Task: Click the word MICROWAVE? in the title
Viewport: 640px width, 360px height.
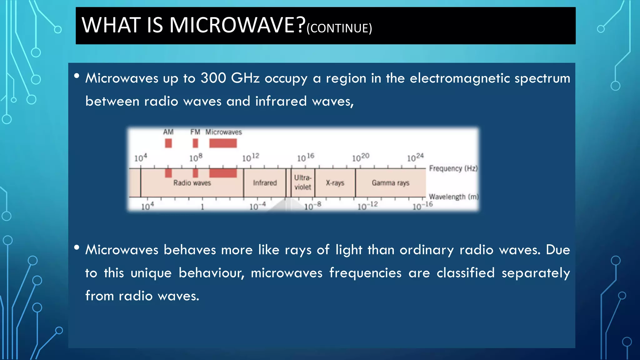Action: point(237,25)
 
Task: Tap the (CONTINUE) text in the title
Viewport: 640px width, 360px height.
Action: point(339,28)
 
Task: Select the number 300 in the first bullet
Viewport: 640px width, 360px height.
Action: point(213,78)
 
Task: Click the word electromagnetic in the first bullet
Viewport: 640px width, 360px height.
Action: point(460,78)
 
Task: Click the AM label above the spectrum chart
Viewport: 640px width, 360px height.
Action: point(168,132)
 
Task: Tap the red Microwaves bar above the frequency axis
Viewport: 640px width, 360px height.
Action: point(223,143)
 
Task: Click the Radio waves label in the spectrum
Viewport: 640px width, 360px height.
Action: point(192,183)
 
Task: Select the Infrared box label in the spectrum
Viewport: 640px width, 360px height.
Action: point(265,183)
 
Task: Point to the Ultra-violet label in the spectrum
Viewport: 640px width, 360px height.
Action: point(302,182)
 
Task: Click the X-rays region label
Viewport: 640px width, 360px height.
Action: point(335,183)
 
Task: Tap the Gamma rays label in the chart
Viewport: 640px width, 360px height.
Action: point(390,183)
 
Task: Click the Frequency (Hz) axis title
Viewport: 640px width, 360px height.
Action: point(453,168)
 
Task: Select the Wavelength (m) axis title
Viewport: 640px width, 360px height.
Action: point(453,197)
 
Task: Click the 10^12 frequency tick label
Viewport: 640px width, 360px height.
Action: point(251,157)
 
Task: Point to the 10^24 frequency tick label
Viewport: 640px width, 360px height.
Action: point(415,157)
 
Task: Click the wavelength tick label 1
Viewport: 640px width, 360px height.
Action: point(202,207)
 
